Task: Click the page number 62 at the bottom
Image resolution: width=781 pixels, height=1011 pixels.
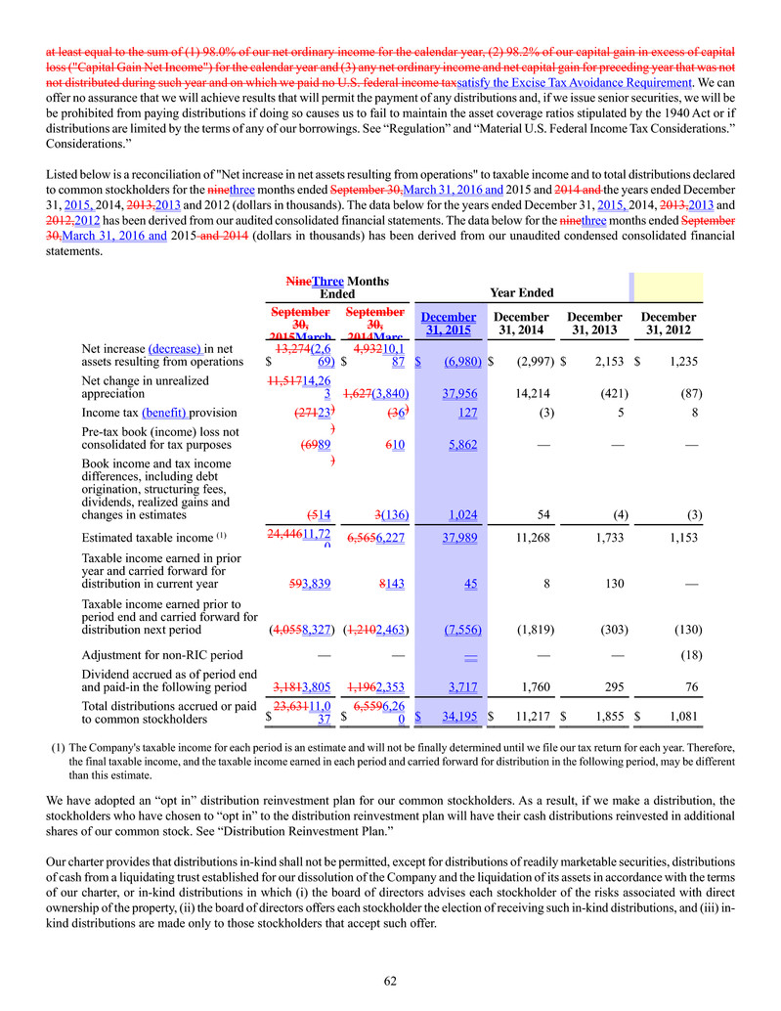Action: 390,980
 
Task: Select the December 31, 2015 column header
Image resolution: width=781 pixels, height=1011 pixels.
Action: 449,324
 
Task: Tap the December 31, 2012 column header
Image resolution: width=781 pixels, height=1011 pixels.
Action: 668,324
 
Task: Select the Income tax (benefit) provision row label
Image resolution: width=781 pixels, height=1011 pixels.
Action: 146,414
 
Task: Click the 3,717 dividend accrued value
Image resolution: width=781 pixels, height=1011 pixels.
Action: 460,686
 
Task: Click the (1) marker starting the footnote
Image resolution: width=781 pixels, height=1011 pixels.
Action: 58,748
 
